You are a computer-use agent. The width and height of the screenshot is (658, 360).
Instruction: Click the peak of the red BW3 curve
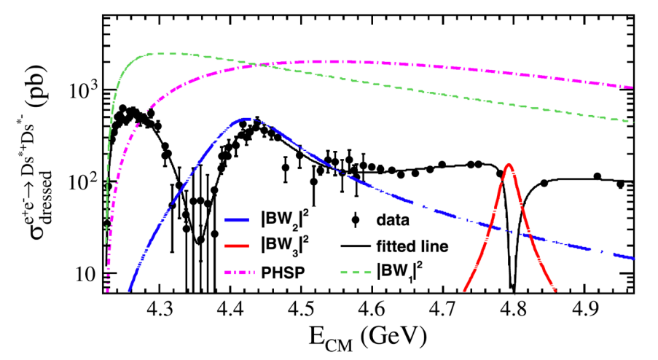508,165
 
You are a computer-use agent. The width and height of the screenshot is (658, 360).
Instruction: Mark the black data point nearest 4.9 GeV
597,176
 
